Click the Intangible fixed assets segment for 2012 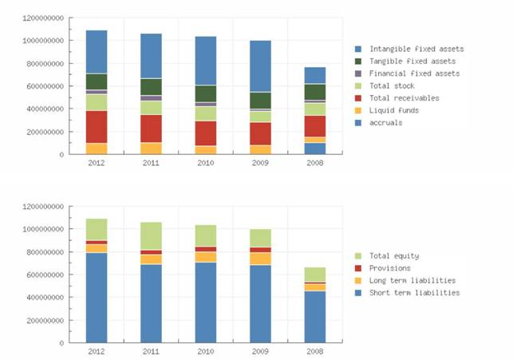tap(97, 52)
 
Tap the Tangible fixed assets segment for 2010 tap(206, 93)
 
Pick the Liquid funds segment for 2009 tap(260, 149)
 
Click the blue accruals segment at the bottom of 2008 tap(315, 148)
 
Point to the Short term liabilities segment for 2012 tap(97, 297)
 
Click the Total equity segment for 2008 tap(315, 274)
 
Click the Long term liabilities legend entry tap(412, 280)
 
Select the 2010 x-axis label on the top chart tap(206, 162)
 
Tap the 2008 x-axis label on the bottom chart tap(315, 350)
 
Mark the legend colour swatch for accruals tap(360, 123)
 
